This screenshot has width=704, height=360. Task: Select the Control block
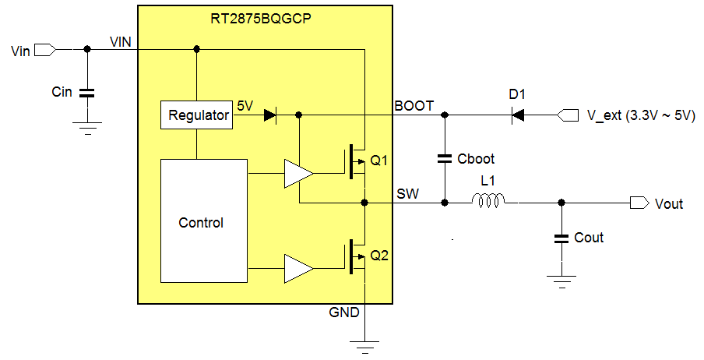tap(201, 222)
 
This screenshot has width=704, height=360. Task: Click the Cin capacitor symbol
tap(87, 92)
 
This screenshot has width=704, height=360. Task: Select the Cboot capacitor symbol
tap(445, 159)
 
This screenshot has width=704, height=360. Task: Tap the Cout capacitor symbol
tap(560, 238)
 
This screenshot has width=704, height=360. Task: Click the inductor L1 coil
tap(488, 203)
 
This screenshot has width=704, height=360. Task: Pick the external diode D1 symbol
tap(518, 115)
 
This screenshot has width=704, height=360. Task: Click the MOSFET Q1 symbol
tap(357, 160)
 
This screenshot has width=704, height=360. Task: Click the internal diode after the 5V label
tap(270, 115)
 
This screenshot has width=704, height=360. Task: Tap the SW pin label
tap(407, 193)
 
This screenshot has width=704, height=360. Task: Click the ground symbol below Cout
tap(560, 279)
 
